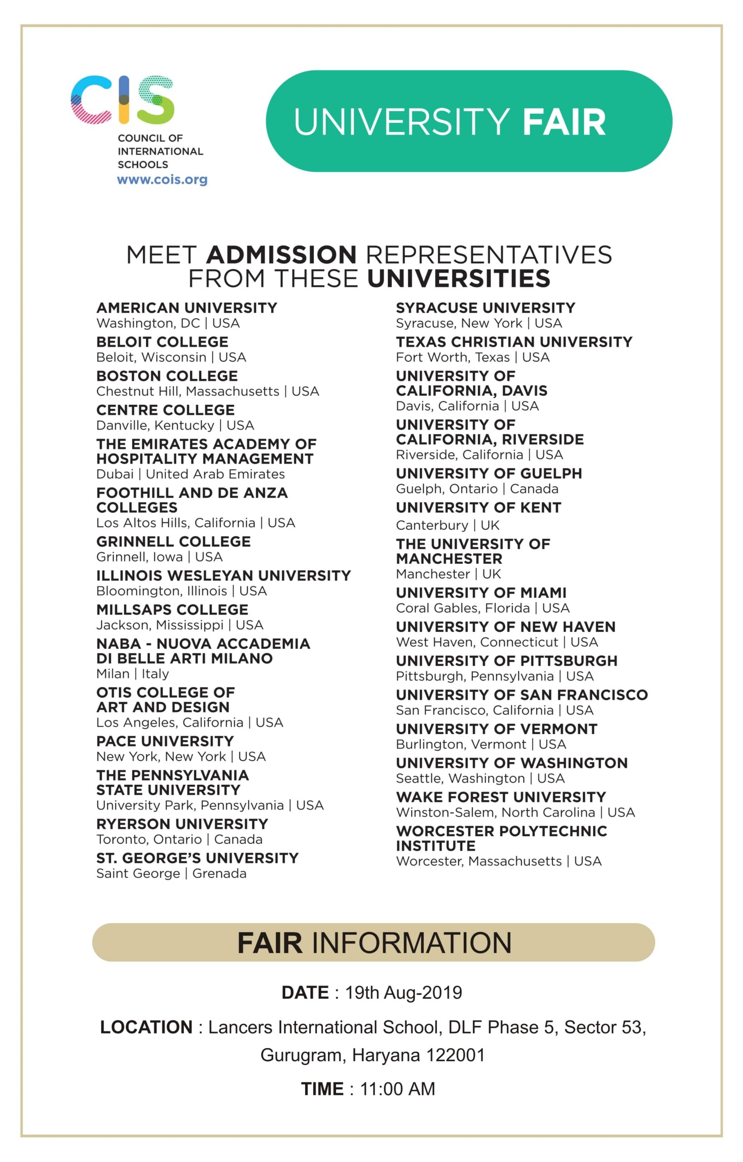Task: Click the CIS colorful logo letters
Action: point(122,100)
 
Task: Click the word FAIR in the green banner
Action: point(564,122)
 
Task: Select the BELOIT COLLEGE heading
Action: point(162,342)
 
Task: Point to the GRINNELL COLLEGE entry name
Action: point(173,542)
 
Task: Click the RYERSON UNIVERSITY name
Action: point(182,824)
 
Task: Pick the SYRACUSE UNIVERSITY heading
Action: point(485,308)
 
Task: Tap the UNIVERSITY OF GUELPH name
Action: point(489,473)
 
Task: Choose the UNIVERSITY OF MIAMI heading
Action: point(481,593)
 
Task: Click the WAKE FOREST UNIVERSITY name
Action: point(500,797)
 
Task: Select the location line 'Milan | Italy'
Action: point(132,674)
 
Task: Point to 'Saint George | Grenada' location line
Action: point(171,873)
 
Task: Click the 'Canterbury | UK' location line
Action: point(447,525)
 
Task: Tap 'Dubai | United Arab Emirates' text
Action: point(190,474)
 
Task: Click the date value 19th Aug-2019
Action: point(403,993)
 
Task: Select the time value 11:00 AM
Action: point(397,1089)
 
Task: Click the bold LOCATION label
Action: point(146,1027)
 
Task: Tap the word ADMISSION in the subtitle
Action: point(282,255)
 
